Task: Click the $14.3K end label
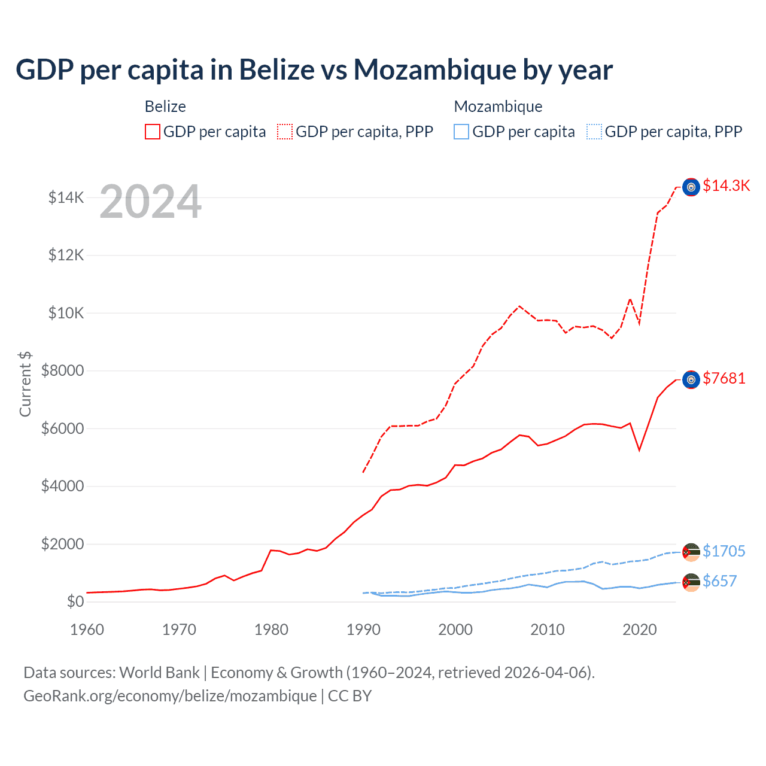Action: click(726, 186)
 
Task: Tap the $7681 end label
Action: click(724, 379)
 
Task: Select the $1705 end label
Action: click(724, 551)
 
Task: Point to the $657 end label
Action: click(719, 582)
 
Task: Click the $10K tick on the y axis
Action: click(66, 313)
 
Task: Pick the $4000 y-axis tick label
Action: click(62, 486)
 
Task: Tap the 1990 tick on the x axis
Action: click(363, 630)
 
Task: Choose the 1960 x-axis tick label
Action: click(87, 630)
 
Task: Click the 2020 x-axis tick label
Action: click(640, 630)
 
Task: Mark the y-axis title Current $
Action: click(25, 384)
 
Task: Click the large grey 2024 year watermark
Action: click(150, 202)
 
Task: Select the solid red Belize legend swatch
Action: click(153, 132)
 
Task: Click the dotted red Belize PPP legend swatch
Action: click(285, 132)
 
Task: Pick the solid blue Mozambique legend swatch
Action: click(461, 132)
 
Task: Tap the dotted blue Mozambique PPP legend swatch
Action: click(594, 132)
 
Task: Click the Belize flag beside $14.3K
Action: click(691, 187)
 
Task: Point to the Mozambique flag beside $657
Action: click(691, 582)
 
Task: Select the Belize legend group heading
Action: click(165, 107)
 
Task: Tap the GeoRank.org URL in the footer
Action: click(170, 696)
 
